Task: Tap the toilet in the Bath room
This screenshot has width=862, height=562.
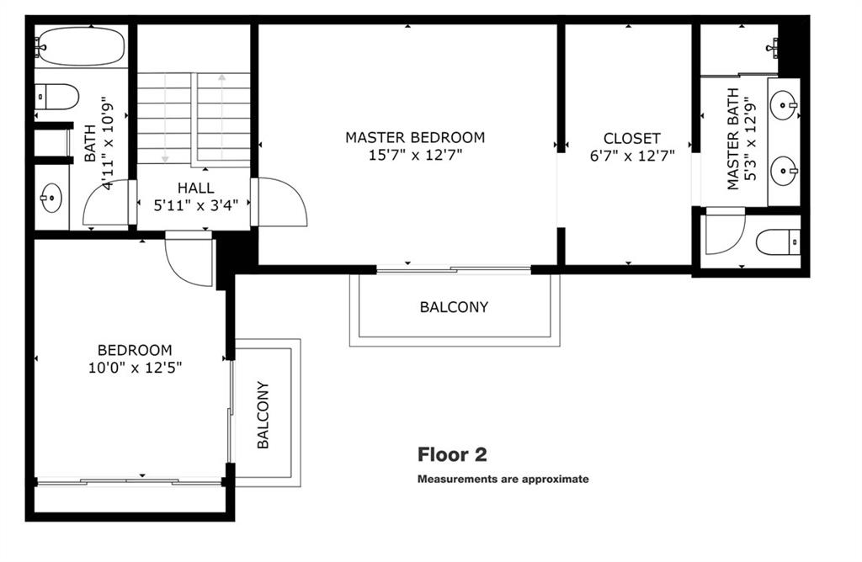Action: pos(56,98)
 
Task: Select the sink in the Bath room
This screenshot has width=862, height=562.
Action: pos(51,198)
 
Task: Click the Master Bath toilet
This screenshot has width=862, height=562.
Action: pos(778,242)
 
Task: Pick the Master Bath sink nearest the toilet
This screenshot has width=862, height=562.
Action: pos(784,172)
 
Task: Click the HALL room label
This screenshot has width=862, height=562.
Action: pos(195,188)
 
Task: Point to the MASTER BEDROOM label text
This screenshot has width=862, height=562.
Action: pos(415,137)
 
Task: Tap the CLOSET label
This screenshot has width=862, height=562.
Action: pos(631,139)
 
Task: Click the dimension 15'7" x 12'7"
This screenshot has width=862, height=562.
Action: pos(415,155)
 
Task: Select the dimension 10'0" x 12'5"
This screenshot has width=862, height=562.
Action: pos(136,367)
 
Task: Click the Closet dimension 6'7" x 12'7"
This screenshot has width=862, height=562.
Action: pos(632,156)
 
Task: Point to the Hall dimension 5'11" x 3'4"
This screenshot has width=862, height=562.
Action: pos(195,205)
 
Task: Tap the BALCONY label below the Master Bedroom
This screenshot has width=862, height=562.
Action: pos(454,307)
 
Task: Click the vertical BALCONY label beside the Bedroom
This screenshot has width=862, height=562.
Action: pos(263,415)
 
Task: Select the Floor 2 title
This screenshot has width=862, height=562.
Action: pos(452,455)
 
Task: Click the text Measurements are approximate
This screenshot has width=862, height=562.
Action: pos(503,479)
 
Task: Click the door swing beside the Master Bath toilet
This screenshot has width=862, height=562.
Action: pos(725,231)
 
